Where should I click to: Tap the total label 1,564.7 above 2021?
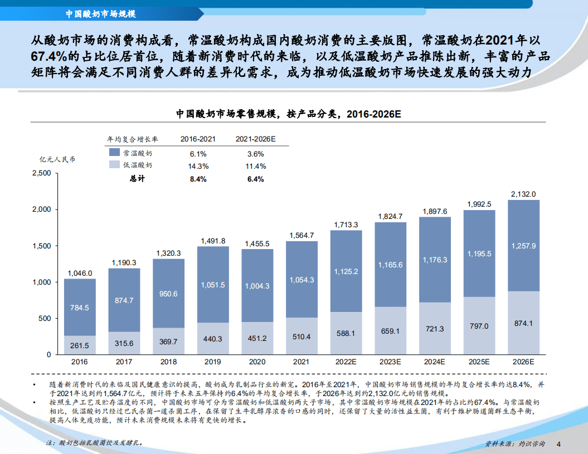click(x=302, y=235)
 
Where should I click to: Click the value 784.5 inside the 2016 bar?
click(x=80, y=307)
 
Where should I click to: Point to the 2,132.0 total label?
click(x=523, y=194)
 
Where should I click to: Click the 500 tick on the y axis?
click(x=46, y=319)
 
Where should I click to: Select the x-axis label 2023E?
click(x=390, y=362)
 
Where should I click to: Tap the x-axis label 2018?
click(x=168, y=362)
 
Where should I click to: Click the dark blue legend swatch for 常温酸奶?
click(x=114, y=152)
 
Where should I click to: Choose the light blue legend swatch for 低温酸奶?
click(x=114, y=165)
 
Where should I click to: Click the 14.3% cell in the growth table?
click(x=198, y=166)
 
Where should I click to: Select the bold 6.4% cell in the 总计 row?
click(x=255, y=179)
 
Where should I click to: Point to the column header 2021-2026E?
click(x=255, y=139)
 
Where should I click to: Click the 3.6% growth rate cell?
click(x=255, y=153)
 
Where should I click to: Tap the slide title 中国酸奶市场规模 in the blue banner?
click(x=100, y=13)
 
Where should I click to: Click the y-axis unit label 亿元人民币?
click(x=57, y=159)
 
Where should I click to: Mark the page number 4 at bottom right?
click(x=559, y=444)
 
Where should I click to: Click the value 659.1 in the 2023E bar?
click(x=390, y=331)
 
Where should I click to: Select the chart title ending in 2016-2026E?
click(x=289, y=114)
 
